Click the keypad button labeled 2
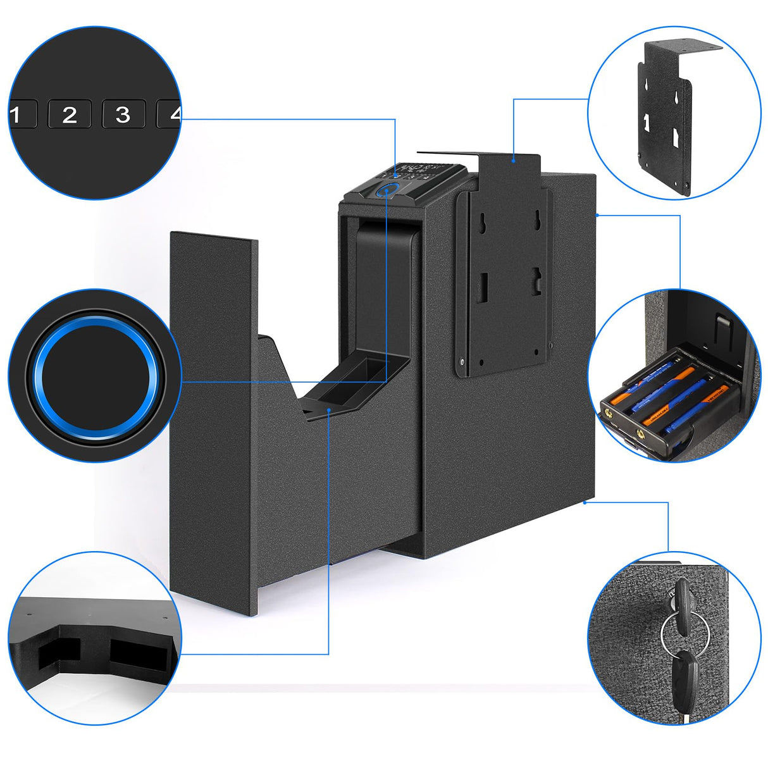tap(69, 115)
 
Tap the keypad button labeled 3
tap(123, 115)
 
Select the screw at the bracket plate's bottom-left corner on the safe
tap(463, 362)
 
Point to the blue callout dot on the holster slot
tap(330, 409)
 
